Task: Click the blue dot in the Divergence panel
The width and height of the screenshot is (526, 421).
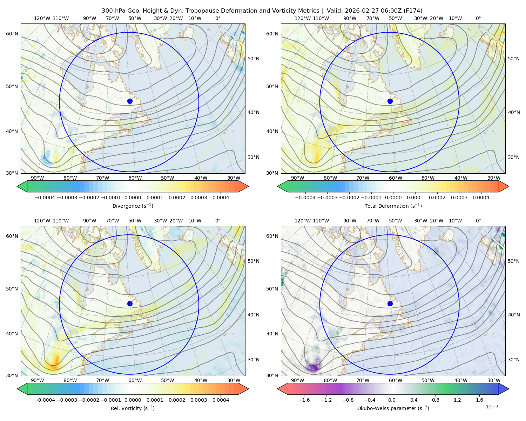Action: pos(130,101)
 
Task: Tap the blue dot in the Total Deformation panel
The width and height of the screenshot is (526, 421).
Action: pos(390,101)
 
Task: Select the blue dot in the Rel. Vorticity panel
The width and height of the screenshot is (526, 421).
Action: pos(130,303)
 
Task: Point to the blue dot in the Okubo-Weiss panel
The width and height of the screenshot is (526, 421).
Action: pos(390,303)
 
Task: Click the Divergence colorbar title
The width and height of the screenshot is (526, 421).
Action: pos(133,206)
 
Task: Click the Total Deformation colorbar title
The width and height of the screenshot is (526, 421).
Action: pos(393,206)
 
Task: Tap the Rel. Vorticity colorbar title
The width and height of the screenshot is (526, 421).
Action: pos(133,408)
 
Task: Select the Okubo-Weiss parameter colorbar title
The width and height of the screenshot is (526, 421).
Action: pos(393,408)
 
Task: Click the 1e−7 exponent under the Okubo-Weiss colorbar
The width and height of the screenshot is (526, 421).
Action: pos(492,407)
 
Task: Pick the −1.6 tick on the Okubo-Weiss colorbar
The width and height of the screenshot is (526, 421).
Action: pos(304,400)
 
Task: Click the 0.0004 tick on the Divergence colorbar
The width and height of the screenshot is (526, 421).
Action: pos(221,198)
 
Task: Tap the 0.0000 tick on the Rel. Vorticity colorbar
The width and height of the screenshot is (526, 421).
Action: pos(133,400)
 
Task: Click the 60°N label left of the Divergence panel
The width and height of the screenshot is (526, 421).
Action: pos(12,34)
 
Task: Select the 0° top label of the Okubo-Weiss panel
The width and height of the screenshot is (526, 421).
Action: pos(478,221)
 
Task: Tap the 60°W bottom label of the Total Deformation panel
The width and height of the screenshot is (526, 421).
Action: pos(396,178)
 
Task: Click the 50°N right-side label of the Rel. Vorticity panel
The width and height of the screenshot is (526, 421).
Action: pos(254,261)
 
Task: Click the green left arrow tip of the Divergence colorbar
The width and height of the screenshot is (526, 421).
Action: pos(17,187)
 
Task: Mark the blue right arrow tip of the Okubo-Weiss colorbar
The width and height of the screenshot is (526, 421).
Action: pos(509,389)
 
